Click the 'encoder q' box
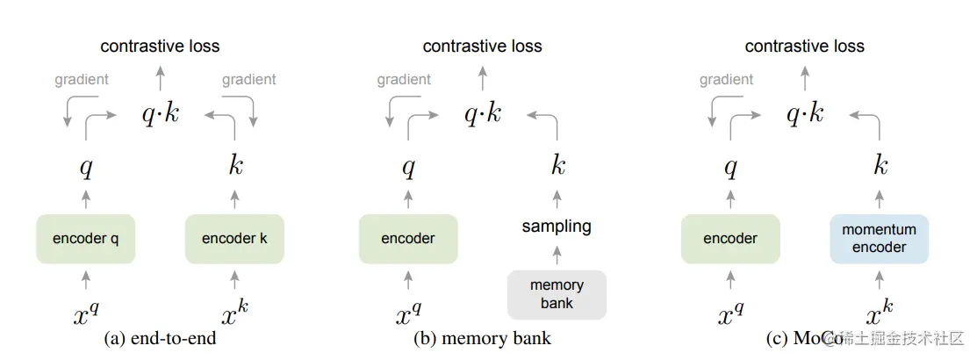coord(85,238)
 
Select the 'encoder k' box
coord(234,238)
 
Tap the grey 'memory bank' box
coord(557,294)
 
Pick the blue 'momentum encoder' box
coord(879,238)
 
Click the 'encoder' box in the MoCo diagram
coord(730,238)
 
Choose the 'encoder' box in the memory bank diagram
coord(408,238)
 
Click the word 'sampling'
coord(557,226)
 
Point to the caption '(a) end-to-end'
coord(160,339)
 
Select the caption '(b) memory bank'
coord(482,339)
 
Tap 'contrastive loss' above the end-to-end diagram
coord(160,46)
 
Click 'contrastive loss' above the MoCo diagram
coord(804,46)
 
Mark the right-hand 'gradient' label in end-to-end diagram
coord(248,79)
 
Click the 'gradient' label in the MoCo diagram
coord(726,79)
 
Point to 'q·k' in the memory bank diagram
coord(482,112)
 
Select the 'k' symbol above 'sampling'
coord(557,165)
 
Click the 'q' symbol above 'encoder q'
coord(86,167)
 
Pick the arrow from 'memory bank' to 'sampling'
coord(557,256)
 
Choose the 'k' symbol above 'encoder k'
coord(235,165)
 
